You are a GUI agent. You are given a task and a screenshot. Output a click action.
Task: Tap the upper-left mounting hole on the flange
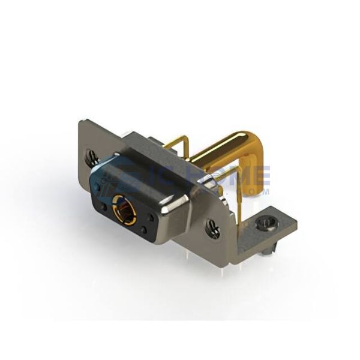tap(92, 158)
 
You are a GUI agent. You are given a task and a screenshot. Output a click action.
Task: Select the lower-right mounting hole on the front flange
tap(214, 227)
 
